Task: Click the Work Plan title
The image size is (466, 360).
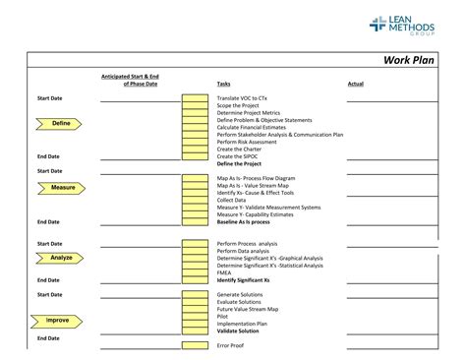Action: pyautogui.click(x=407, y=60)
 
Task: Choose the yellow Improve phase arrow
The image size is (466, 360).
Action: pyautogui.click(x=56, y=321)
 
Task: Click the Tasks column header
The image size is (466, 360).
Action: pyautogui.click(x=224, y=85)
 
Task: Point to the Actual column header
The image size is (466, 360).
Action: pyautogui.click(x=355, y=85)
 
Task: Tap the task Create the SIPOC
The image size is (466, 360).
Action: pyautogui.click(x=239, y=155)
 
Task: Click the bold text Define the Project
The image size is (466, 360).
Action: pyautogui.click(x=240, y=163)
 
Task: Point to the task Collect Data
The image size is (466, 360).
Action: pyautogui.click(x=232, y=200)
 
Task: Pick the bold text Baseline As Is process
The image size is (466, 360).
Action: pyautogui.click(x=243, y=222)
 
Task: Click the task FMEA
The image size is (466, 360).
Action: pyautogui.click(x=225, y=272)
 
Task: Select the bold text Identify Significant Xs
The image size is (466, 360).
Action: pyautogui.click(x=243, y=280)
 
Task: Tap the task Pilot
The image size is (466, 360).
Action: pyautogui.click(x=223, y=316)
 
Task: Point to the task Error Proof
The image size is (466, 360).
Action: pyautogui.click(x=230, y=345)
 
